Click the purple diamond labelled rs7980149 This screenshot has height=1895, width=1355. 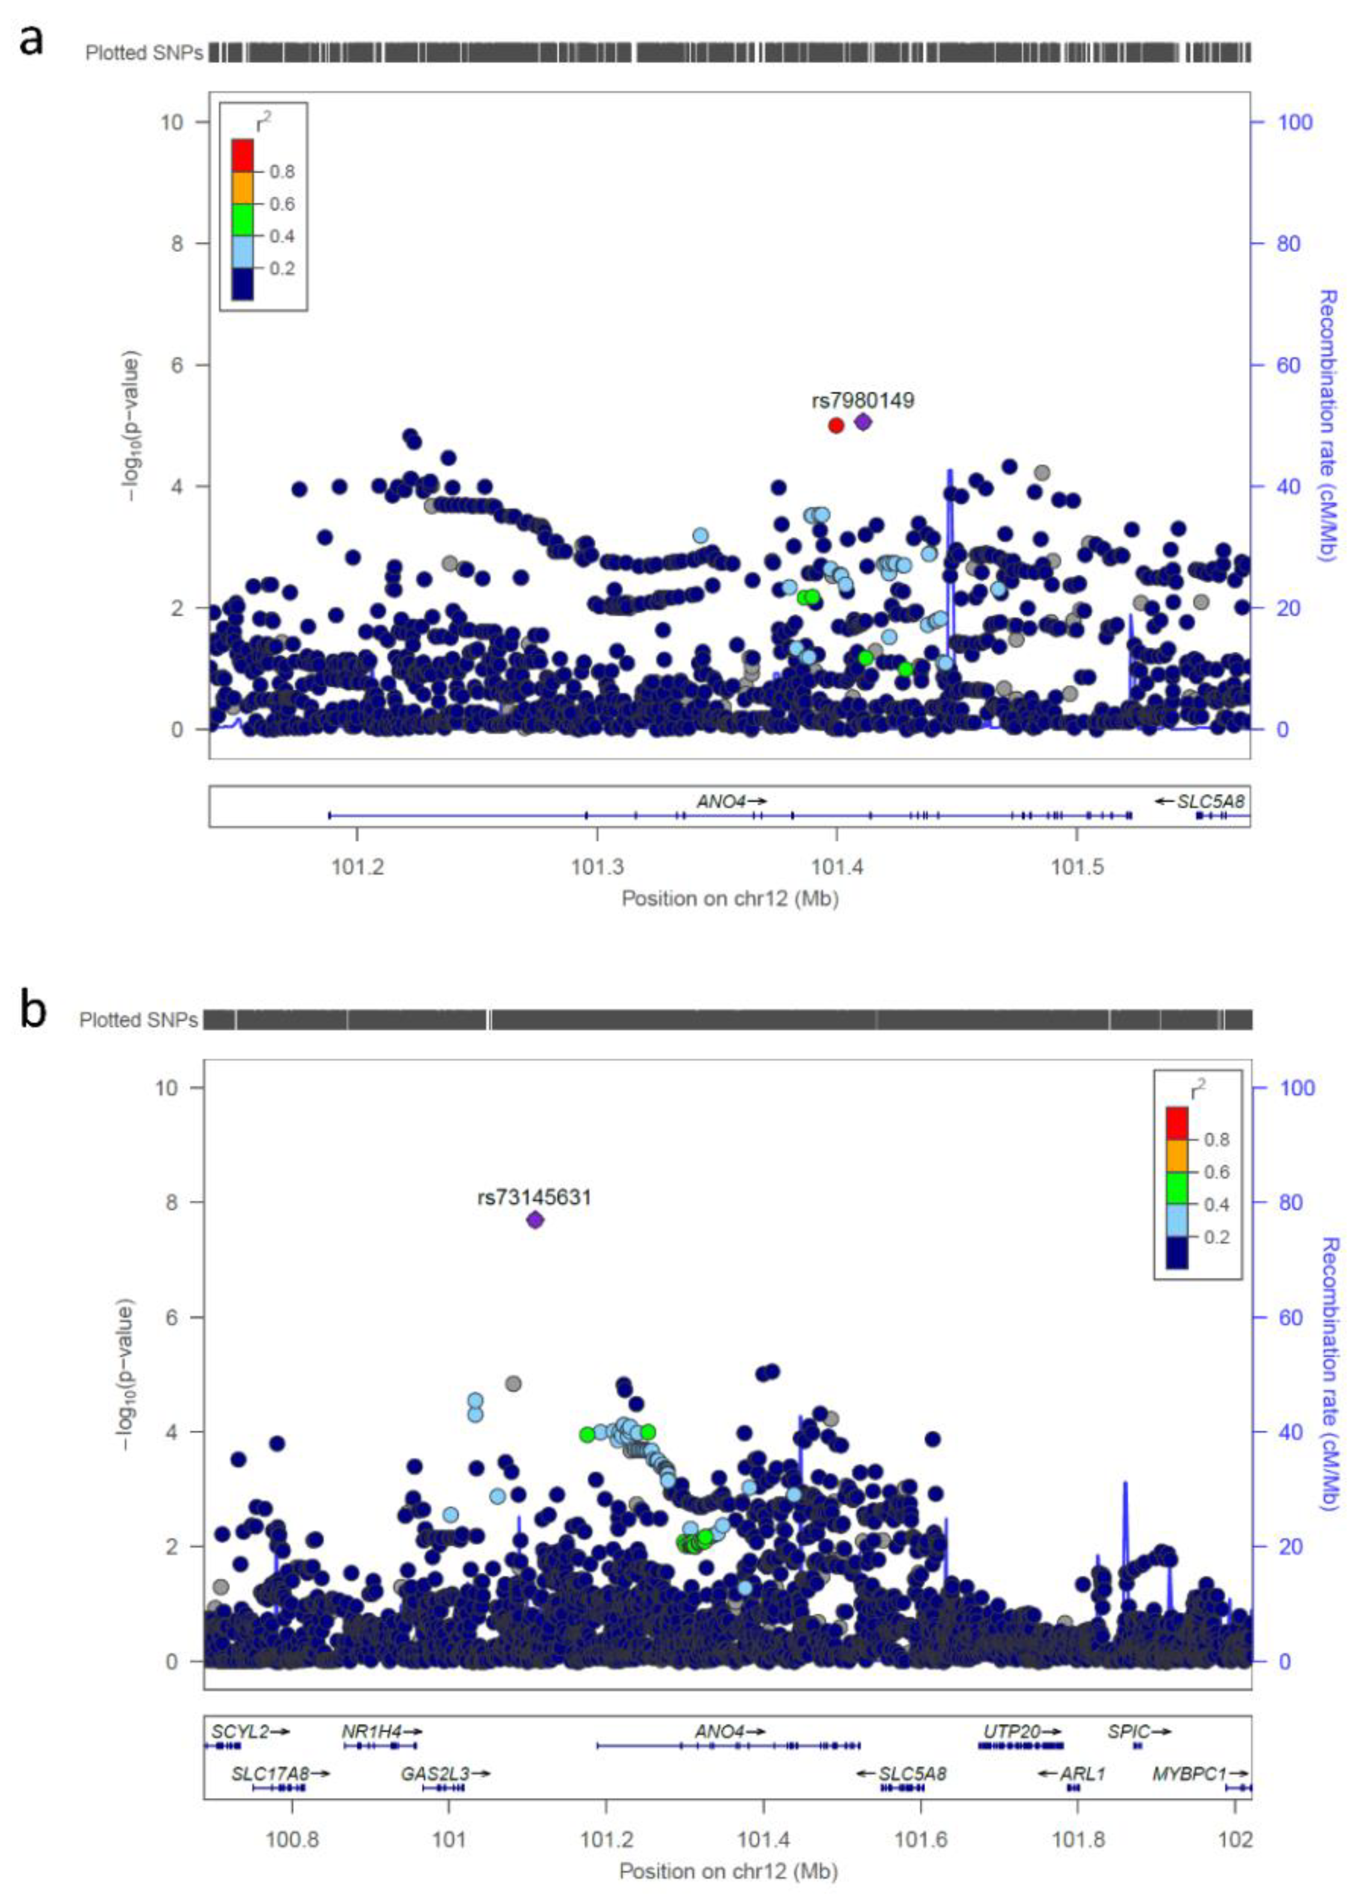863,422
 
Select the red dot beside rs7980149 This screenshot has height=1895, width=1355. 836,425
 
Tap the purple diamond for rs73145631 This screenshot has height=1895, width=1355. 535,1220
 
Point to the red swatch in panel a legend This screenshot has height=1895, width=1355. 243,155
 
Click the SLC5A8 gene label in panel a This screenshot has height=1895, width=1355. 1210,801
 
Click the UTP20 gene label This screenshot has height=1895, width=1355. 1012,1732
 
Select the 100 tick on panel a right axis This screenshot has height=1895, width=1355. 1295,123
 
